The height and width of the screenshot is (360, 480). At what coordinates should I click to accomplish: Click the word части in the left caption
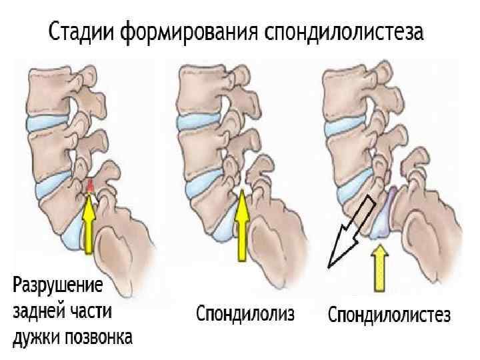90,313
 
